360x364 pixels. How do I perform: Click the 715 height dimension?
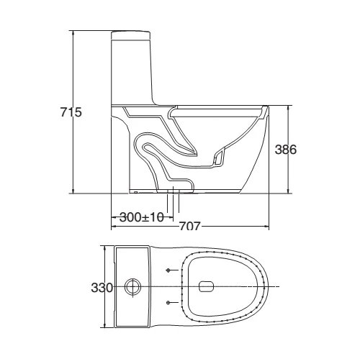72,112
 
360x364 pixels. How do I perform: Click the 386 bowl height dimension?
286,150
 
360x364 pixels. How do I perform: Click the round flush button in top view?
132,287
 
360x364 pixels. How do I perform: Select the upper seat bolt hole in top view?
168,270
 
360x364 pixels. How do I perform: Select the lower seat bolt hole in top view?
168,304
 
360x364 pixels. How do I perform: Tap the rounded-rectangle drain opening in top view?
206,287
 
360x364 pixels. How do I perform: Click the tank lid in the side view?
133,34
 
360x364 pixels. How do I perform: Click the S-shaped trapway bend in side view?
155,151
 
